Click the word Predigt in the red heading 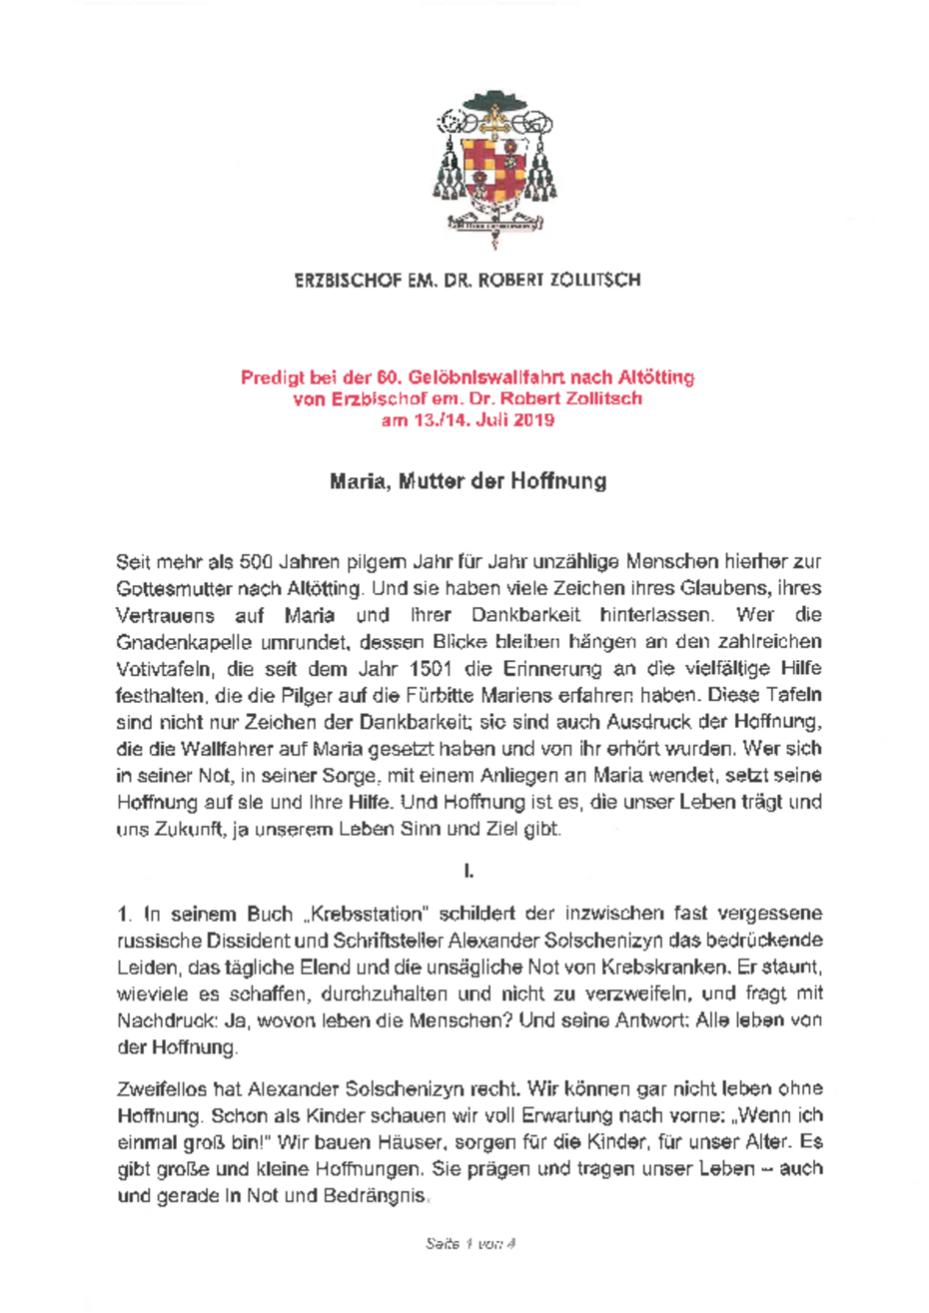pyautogui.click(x=270, y=377)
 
